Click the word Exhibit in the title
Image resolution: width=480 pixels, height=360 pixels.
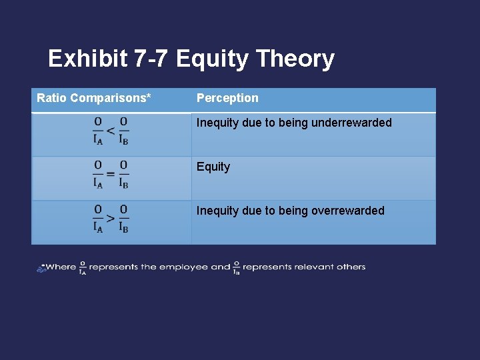click(87, 59)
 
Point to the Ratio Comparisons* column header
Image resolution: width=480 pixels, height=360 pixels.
click(93, 98)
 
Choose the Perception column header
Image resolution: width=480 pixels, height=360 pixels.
click(227, 98)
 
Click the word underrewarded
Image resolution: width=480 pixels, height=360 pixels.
click(351, 123)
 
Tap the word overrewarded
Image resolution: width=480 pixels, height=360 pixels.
click(348, 211)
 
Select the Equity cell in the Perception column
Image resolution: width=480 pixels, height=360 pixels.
click(213, 167)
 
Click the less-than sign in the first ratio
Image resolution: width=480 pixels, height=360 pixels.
click(111, 130)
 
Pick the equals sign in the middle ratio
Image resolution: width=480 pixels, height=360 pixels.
click(111, 174)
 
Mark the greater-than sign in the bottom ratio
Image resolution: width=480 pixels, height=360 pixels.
click(111, 218)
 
